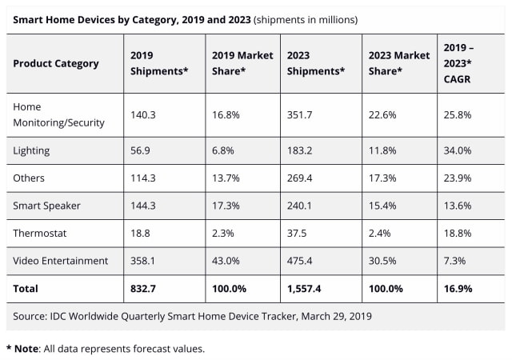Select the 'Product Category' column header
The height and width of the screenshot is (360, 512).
coord(56,63)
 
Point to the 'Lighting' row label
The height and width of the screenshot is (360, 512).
coord(32,150)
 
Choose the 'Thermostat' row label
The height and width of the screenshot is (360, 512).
coord(40,232)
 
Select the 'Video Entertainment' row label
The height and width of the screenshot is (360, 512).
coord(61,260)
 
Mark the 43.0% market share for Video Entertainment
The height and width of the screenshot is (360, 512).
coord(226,260)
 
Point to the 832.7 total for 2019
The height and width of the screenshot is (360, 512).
coord(146,287)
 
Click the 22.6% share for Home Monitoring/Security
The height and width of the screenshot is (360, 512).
coord(383,114)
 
